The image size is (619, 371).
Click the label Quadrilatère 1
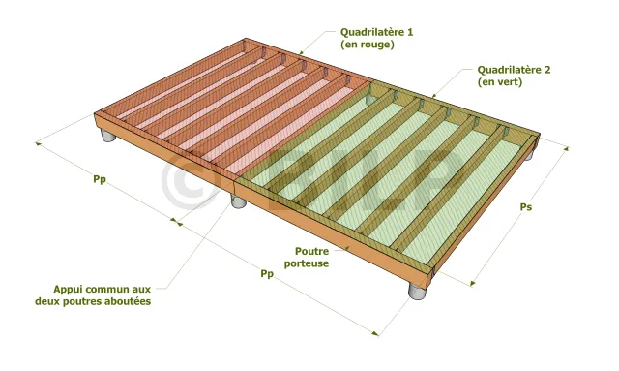click(376, 32)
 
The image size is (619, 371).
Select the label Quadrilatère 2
click(514, 70)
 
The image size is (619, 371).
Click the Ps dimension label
click(525, 207)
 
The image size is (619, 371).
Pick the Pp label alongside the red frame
click(100, 179)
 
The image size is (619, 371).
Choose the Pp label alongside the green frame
click(267, 274)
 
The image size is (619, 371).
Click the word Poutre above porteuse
click(311, 251)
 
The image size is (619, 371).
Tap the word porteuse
click(307, 263)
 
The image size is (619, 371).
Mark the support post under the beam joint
click(239, 201)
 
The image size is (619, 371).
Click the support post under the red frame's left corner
click(107, 135)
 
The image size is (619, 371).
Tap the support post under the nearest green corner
click(417, 292)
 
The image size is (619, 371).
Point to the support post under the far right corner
click(528, 155)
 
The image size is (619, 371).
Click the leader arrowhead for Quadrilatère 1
click(301, 52)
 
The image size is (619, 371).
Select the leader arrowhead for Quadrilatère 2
click(433, 95)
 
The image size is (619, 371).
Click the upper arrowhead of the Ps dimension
click(566, 149)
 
